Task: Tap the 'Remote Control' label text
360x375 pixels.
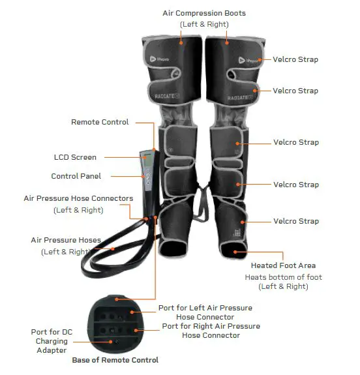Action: (x=100, y=122)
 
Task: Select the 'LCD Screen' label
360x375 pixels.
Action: (x=75, y=157)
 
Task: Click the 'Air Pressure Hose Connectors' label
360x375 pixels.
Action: (x=78, y=198)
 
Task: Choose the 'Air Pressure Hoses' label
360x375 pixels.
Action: (x=66, y=240)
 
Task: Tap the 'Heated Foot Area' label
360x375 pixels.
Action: (x=283, y=265)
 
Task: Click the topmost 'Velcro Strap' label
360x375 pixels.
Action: (x=295, y=59)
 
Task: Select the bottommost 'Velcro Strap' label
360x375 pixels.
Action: (x=295, y=221)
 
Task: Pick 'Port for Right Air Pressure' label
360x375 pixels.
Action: (x=211, y=326)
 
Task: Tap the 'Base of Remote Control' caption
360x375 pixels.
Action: (x=115, y=360)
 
